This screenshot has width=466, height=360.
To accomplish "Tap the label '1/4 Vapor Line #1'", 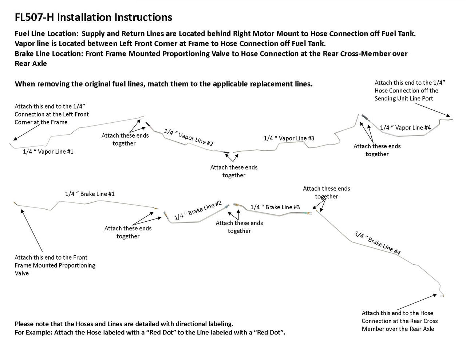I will tap(48, 151).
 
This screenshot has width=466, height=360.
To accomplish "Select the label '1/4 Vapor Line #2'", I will tap(189, 137).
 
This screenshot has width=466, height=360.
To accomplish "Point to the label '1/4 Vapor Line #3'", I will tap(289, 138).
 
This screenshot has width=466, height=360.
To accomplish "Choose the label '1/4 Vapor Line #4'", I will tap(405, 127).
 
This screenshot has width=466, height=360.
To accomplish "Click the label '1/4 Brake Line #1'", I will tap(90, 194).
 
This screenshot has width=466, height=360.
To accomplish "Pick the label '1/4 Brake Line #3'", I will tap(275, 207).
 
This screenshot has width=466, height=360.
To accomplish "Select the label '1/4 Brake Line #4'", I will tap(377, 243).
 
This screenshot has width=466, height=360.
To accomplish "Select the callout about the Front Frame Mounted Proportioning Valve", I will tap(55, 265).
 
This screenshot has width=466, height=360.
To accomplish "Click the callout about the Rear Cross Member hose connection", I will tap(399, 321).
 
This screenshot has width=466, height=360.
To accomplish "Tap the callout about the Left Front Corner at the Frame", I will tap(52, 114).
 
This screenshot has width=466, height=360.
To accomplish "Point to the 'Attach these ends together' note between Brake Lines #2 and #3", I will tap(239, 227).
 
